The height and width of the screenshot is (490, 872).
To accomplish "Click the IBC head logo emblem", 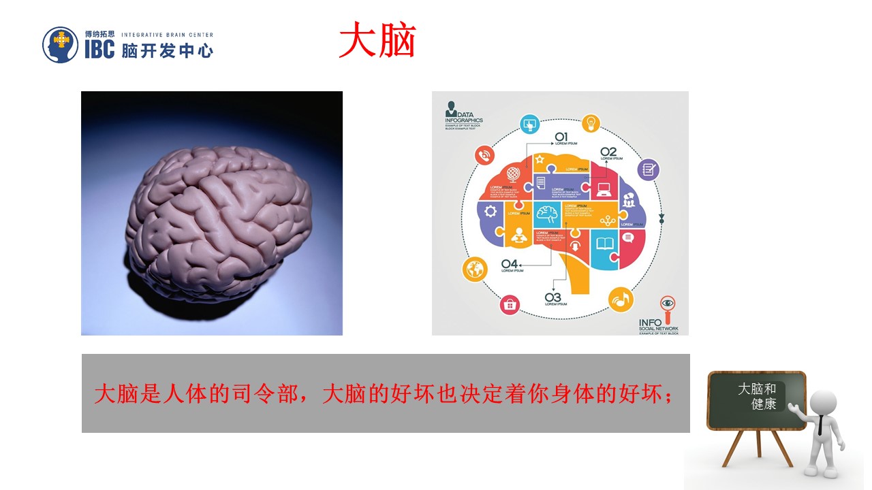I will point(61,45).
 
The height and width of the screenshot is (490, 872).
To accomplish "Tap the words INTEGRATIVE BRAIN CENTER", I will point(167,35).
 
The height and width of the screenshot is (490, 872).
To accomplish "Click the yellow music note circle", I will point(621,299).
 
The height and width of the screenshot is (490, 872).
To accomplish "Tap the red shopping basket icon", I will point(510,305).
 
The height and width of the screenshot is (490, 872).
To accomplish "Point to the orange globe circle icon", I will point(475,270).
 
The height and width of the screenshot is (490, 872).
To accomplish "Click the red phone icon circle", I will point(485,156).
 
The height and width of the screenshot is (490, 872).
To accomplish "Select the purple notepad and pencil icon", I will point(648,169).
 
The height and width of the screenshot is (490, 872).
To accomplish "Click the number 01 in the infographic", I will point(561,136).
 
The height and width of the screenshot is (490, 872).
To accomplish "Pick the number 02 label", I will point(608,151).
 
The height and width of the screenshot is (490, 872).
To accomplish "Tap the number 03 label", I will point(552,297).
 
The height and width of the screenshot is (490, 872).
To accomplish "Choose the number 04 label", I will point(510,264).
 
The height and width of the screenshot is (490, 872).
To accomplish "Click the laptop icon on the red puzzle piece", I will point(604,190).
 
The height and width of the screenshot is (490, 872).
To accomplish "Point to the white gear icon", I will point(490,211).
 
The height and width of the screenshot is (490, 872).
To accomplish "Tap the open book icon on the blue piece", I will point(604,242).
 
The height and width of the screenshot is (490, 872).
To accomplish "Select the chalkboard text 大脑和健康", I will point(758,396).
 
